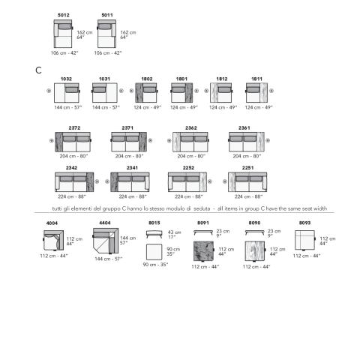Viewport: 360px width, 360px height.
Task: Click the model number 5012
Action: point(64,15)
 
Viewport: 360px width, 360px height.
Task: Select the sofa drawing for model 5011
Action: point(106,34)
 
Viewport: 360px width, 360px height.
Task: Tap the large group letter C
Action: point(38,70)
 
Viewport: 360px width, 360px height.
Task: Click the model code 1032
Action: point(66,79)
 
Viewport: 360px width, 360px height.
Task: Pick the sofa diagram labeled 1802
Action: point(146,93)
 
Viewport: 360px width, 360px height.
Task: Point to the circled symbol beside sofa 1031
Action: point(121,91)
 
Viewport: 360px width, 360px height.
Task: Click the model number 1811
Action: point(256,79)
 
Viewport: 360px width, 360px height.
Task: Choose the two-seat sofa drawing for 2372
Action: point(73,142)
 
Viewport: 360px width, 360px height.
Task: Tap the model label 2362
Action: point(191,128)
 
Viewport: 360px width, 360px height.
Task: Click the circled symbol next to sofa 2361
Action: point(268,140)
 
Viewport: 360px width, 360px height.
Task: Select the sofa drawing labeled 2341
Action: point(130,182)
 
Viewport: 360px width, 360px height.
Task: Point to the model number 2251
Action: point(247,168)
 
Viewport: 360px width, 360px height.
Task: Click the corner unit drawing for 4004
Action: point(53,241)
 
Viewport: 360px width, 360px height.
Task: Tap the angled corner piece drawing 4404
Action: point(106,241)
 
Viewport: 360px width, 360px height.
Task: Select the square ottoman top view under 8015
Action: point(154,252)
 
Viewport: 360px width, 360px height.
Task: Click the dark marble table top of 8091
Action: point(203,251)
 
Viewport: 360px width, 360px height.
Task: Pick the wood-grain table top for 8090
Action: point(255,251)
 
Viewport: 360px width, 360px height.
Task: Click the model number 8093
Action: point(304,223)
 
